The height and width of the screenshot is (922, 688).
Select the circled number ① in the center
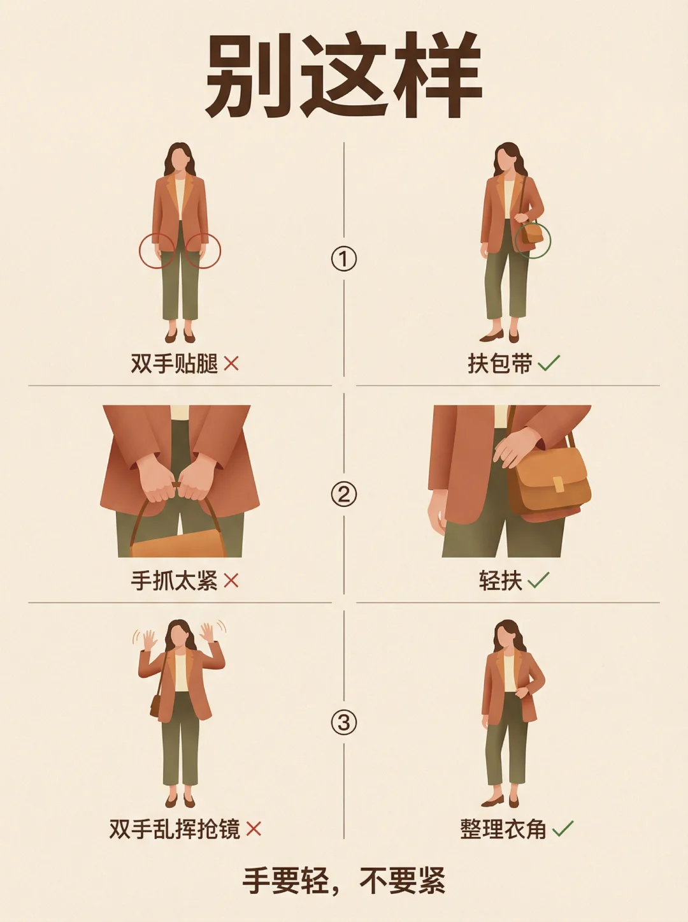click(x=343, y=259)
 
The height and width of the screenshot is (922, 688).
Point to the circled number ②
click(x=343, y=494)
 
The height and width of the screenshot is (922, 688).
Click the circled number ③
click(x=343, y=722)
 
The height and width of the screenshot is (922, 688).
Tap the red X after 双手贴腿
click(x=231, y=363)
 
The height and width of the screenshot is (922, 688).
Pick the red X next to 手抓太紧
click(x=231, y=582)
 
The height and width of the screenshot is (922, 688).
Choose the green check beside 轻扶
click(x=538, y=580)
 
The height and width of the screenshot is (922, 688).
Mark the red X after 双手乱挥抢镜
click(x=254, y=829)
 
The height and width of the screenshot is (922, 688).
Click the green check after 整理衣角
click(x=563, y=828)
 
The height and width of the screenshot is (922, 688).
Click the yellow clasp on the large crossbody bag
click(x=558, y=484)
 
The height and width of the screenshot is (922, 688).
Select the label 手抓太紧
click(x=174, y=582)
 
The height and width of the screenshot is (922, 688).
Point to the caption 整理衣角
click(x=503, y=829)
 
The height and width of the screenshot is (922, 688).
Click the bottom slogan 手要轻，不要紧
click(x=343, y=881)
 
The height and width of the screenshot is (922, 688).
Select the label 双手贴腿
click(x=174, y=363)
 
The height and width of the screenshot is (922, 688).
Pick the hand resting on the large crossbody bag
click(x=517, y=447)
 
